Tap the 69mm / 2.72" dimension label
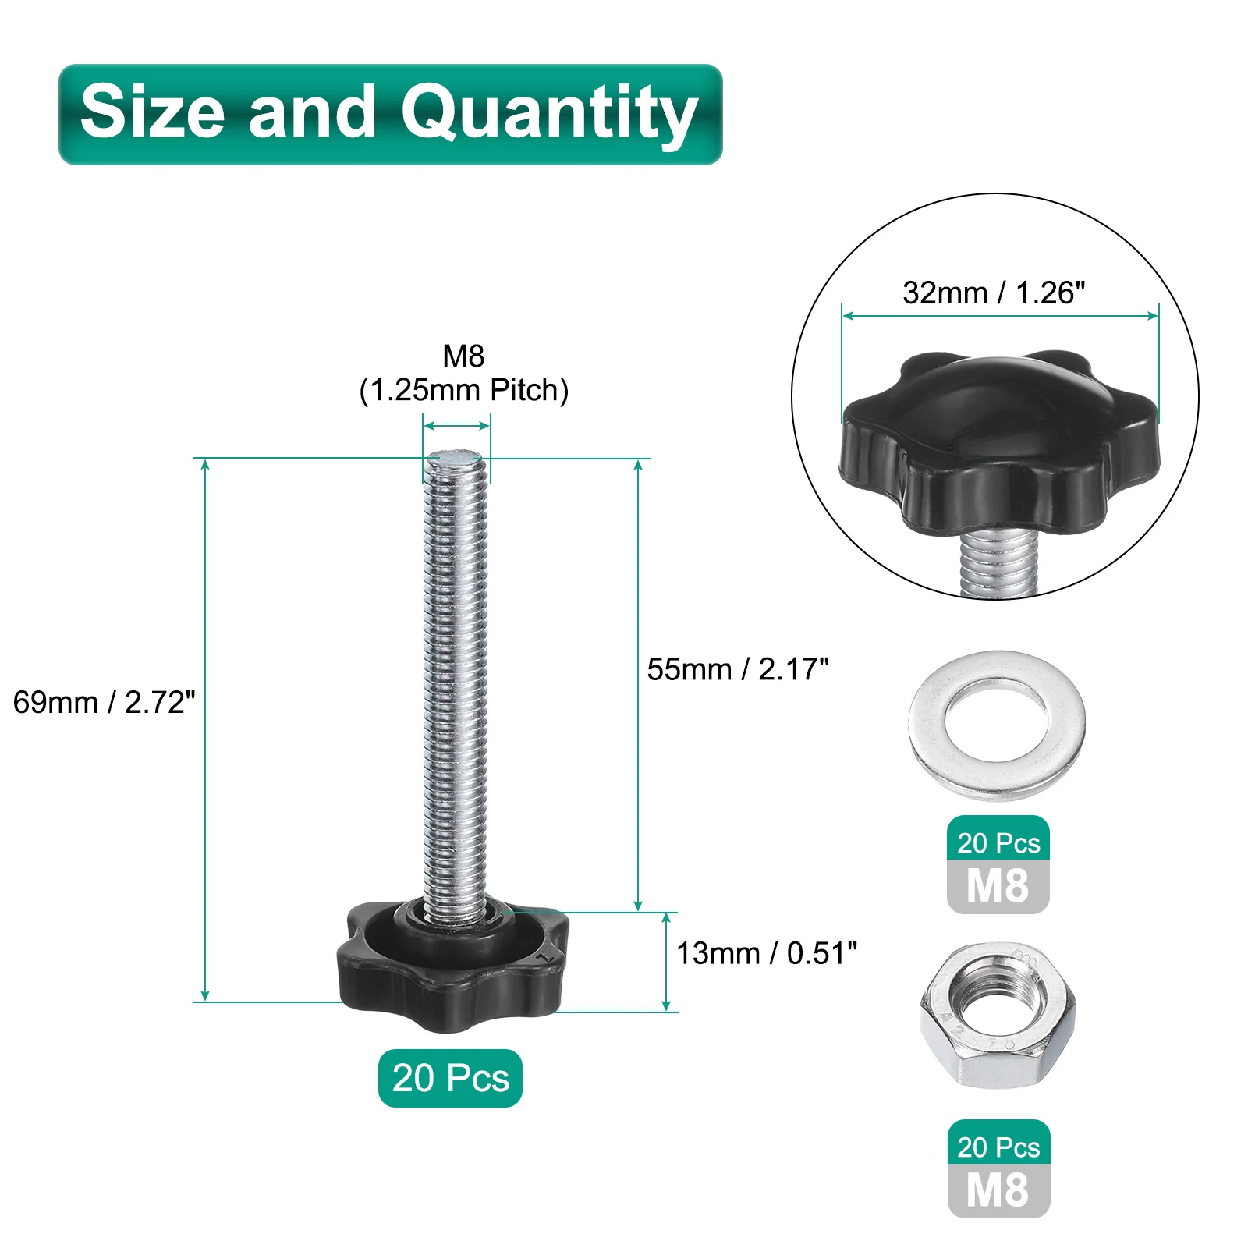104,702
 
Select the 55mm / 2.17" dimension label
738,669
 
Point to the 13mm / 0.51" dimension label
767,953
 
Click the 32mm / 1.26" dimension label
994,292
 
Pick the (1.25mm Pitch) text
464,390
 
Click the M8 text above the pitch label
464,356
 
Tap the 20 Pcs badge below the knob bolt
450,1078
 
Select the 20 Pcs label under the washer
998,842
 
